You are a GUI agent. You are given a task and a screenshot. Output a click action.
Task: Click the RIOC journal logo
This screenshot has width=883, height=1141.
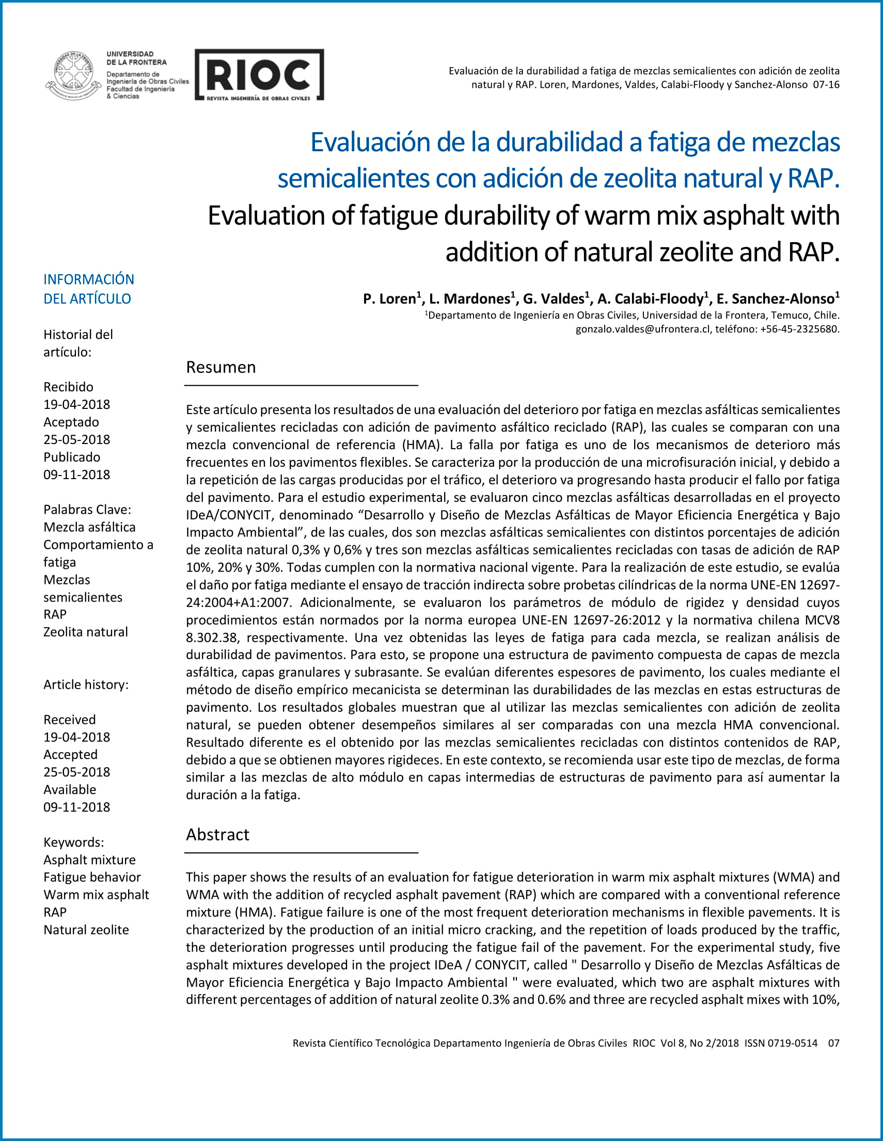[259, 75]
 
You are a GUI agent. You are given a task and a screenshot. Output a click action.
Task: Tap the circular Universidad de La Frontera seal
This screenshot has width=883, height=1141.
[74, 75]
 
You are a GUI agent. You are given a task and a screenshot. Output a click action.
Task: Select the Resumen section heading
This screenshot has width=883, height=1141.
[220, 367]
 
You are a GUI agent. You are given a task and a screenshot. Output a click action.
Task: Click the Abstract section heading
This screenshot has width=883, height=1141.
[217, 834]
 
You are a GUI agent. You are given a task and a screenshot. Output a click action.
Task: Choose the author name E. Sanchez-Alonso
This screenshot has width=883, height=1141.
[776, 299]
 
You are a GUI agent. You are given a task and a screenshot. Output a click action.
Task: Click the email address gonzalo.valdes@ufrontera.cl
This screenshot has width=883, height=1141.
[643, 329]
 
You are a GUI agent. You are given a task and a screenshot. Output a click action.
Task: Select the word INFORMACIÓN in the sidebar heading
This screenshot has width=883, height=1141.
[89, 279]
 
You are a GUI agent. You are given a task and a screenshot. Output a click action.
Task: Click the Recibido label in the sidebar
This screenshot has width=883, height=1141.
[69, 387]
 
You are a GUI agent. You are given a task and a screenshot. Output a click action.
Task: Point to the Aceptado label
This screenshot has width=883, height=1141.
[71, 422]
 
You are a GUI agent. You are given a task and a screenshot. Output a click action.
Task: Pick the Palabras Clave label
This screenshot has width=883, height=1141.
[87, 510]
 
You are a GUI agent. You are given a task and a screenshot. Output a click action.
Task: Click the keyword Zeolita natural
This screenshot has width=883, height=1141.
[86, 632]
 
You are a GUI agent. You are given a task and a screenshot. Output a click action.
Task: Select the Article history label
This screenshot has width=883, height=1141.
[86, 685]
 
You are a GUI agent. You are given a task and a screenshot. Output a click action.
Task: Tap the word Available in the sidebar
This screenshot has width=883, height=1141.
[70, 789]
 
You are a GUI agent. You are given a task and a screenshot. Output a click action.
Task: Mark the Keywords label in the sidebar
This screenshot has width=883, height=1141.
[74, 842]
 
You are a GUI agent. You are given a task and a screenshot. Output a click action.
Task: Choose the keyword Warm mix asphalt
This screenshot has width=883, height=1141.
[96, 894]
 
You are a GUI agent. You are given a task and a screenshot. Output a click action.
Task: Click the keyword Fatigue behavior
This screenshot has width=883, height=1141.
[92, 877]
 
